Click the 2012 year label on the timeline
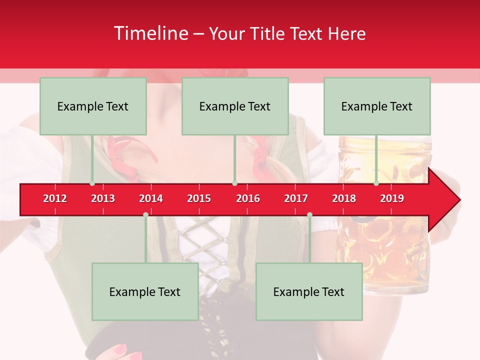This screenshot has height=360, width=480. [55, 198]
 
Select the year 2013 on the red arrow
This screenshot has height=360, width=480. [103, 198]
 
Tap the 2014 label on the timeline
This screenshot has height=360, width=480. [151, 198]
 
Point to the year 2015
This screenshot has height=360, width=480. [199, 198]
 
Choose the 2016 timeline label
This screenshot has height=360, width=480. [248, 198]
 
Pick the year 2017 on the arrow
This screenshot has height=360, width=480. [296, 198]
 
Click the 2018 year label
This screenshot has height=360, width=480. [344, 198]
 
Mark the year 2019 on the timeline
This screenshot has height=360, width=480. [392, 198]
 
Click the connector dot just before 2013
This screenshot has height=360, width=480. [92, 183]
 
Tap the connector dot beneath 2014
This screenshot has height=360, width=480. [145, 215]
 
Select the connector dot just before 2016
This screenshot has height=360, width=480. [234, 183]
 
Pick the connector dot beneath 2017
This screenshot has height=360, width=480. [309, 215]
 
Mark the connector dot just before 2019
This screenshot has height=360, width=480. [376, 183]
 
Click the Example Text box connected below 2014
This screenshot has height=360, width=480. [145, 291]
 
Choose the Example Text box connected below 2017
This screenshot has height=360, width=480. [309, 291]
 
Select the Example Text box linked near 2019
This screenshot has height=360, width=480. [377, 106]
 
